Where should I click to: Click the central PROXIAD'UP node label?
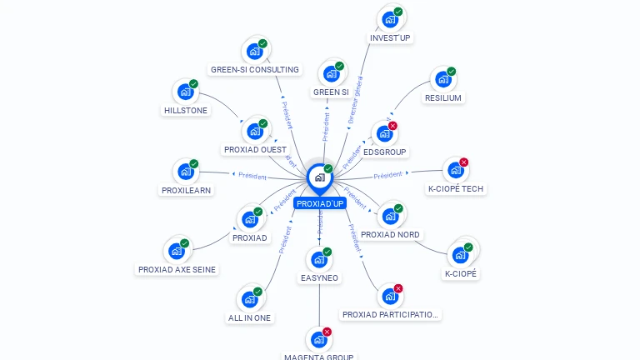pos(320,203)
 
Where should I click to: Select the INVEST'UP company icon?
pos(389,19)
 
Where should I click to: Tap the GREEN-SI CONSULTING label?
pos(254,69)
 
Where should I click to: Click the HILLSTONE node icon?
pos(184,91)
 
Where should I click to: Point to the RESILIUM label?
pos(442,97)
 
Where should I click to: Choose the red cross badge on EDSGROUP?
pos(392,126)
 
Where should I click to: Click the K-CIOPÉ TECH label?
pos(455,188)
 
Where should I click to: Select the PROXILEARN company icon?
pos(185,172)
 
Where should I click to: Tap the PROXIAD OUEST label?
pos(255,150)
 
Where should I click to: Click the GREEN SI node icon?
pos(330,73)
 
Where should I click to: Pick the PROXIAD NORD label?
pos(390,234)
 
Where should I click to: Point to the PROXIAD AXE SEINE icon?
pos(176,250)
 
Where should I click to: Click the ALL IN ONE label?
pos(249,317)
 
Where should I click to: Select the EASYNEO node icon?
pos(318,259)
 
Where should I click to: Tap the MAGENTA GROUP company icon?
pos(318,339)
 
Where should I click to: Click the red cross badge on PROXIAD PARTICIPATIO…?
pos(398,289)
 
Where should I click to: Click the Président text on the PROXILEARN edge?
pos(252,177)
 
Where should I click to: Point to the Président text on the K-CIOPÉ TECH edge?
pos(387,176)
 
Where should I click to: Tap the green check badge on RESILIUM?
pos(452,72)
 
